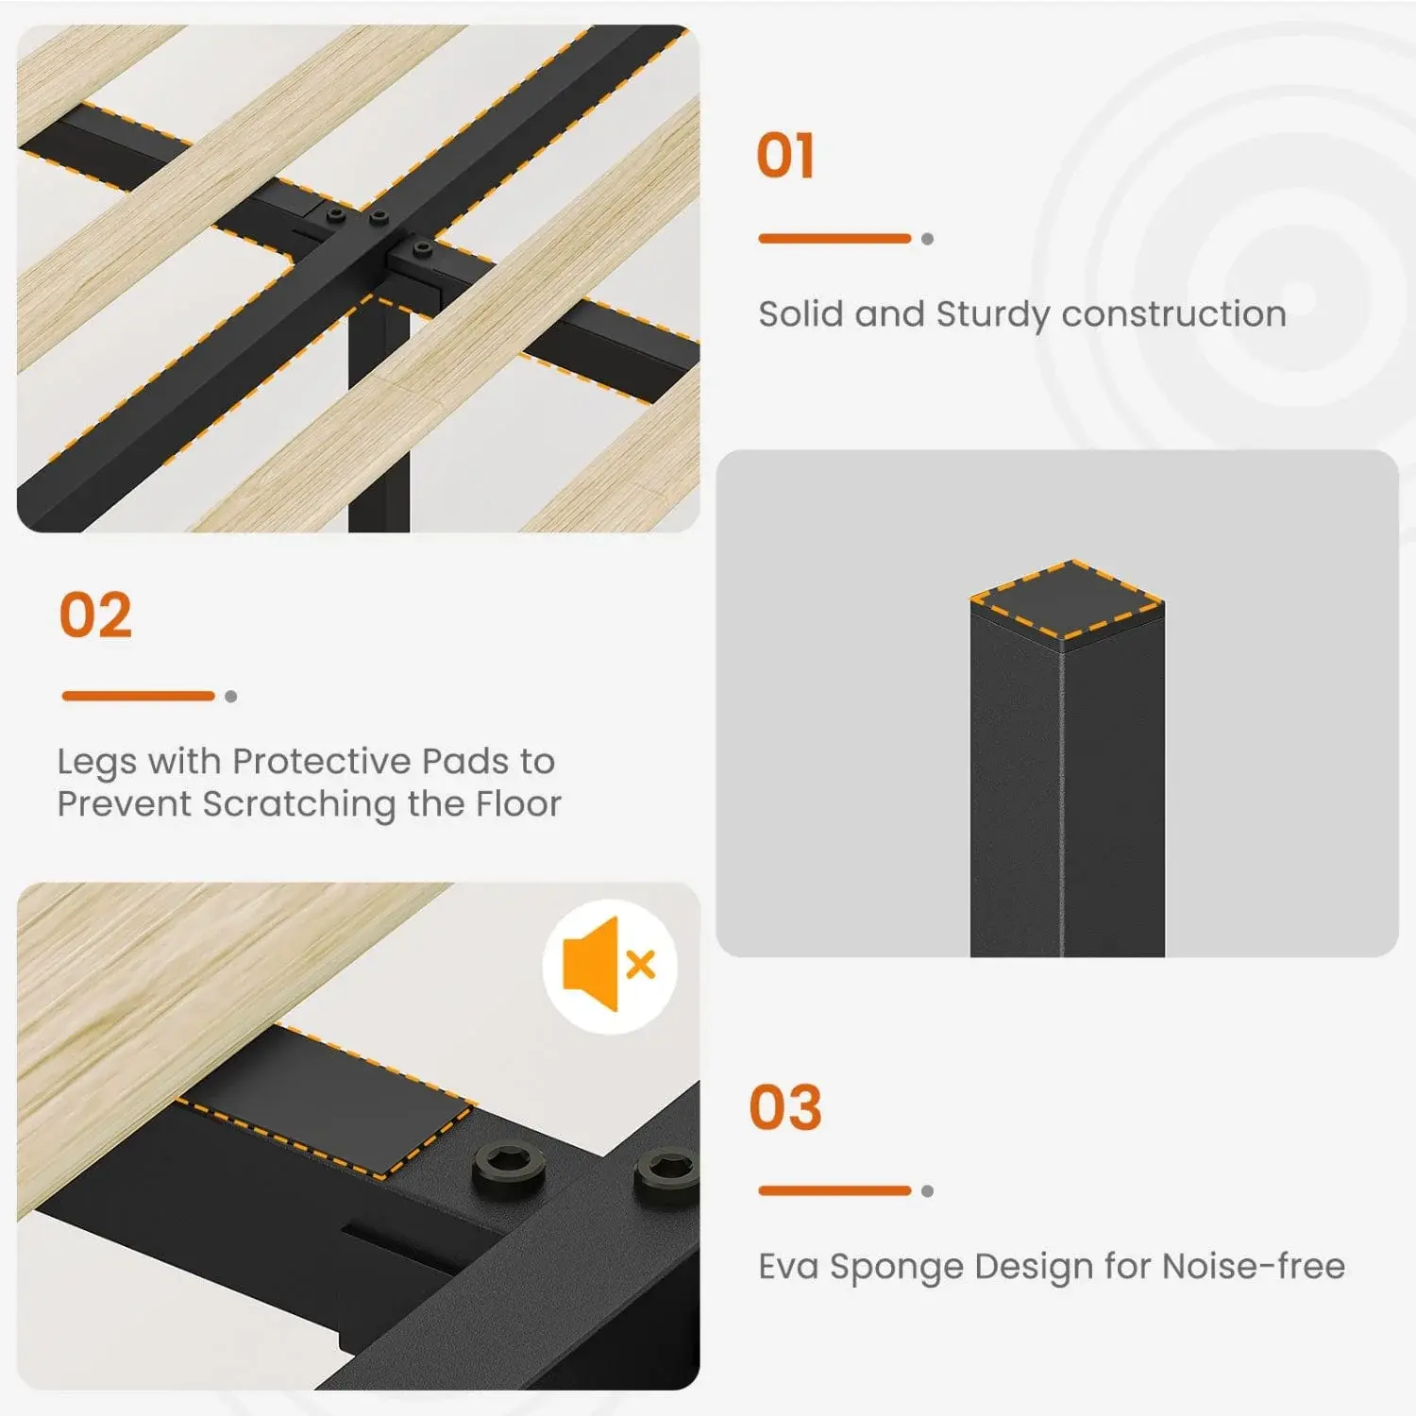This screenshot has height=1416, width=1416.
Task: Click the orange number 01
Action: (x=785, y=156)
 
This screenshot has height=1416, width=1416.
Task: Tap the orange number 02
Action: (x=95, y=615)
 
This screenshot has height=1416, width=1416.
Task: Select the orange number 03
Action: (x=785, y=1107)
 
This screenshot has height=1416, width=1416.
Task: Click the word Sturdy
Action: (x=992, y=315)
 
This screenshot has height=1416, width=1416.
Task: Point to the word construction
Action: (x=1173, y=314)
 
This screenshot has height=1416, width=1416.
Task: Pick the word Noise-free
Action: (x=1254, y=1266)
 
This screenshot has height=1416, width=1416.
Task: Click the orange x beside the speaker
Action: (x=641, y=965)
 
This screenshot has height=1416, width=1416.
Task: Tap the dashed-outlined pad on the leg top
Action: (x=1067, y=600)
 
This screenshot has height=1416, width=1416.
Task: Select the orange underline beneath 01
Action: (x=834, y=239)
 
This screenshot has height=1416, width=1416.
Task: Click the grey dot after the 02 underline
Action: (x=231, y=697)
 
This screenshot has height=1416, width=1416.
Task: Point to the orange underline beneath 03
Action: (x=834, y=1191)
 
